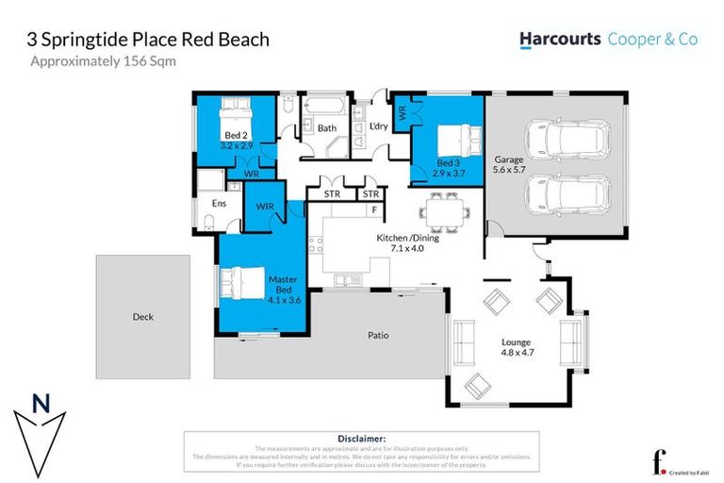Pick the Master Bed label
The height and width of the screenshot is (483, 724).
pyautogui.click(x=283, y=290)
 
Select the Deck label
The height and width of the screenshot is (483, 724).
pyautogui.click(x=142, y=317)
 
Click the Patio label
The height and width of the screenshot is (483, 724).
pyautogui.click(x=378, y=335)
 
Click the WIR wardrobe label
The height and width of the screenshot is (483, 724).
pyautogui.click(x=264, y=203)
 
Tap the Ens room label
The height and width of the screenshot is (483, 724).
pyautogui.click(x=219, y=203)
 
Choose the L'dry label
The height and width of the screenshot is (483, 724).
pyautogui.click(x=379, y=126)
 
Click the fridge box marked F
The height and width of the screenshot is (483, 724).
pyautogui.click(x=374, y=209)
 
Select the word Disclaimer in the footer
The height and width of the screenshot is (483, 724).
pyautogui.click(x=361, y=439)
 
